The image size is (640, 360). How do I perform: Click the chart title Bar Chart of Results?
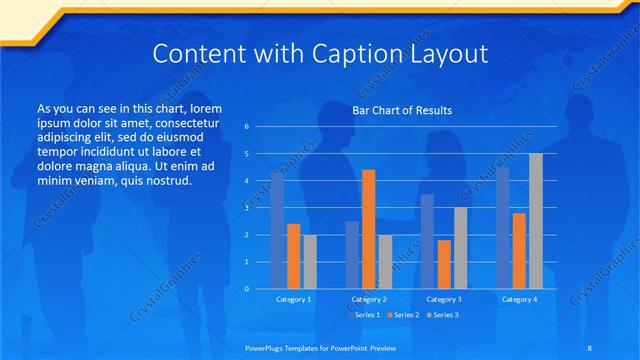402,110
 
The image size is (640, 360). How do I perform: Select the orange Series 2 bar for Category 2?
368,229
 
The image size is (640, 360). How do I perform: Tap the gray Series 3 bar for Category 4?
535,221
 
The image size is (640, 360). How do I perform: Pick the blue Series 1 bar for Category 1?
277,230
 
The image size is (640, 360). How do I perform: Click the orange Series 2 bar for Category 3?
444,264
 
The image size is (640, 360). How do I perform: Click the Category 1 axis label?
293,299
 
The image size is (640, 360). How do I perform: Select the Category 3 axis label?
444,299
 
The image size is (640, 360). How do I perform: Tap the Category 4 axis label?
519,299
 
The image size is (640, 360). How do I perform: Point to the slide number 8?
589,346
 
